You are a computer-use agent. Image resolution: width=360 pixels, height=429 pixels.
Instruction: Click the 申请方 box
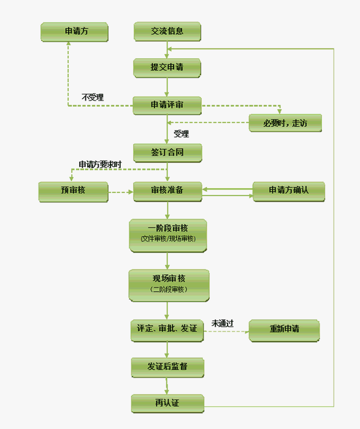(74, 32)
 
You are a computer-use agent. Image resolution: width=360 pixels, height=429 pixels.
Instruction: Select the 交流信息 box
(167, 31)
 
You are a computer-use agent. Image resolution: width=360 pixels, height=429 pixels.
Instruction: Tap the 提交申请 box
(167, 68)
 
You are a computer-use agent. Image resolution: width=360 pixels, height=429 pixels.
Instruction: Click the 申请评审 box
(167, 105)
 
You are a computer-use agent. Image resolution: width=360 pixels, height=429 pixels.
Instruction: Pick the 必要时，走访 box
(285, 123)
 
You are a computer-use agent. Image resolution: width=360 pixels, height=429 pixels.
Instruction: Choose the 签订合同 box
(167, 153)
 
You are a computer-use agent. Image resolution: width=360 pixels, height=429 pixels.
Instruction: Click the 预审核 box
(74, 192)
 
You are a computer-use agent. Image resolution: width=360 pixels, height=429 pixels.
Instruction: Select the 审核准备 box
(167, 191)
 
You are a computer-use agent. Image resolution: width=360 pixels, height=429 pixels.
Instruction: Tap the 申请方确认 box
(289, 191)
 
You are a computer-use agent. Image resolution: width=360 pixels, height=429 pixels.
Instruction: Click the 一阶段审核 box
(168, 235)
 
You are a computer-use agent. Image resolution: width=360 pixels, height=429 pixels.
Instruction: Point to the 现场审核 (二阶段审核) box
(169, 286)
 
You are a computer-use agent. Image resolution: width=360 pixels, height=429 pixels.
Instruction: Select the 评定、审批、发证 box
(167, 330)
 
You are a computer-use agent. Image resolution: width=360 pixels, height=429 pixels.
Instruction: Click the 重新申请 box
(284, 330)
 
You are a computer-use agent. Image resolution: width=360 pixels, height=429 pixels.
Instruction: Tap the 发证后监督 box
(167, 368)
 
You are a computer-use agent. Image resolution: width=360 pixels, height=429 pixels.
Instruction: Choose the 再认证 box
(167, 403)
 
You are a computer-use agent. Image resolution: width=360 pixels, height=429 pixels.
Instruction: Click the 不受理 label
(93, 97)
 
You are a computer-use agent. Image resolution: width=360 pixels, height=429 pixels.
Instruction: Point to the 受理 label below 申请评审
(182, 134)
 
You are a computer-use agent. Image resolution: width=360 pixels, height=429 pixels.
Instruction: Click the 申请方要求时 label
(100, 164)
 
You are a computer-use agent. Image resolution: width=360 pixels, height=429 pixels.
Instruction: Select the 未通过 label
(222, 324)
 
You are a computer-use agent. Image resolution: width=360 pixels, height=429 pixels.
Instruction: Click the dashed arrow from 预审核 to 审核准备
(121, 192)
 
